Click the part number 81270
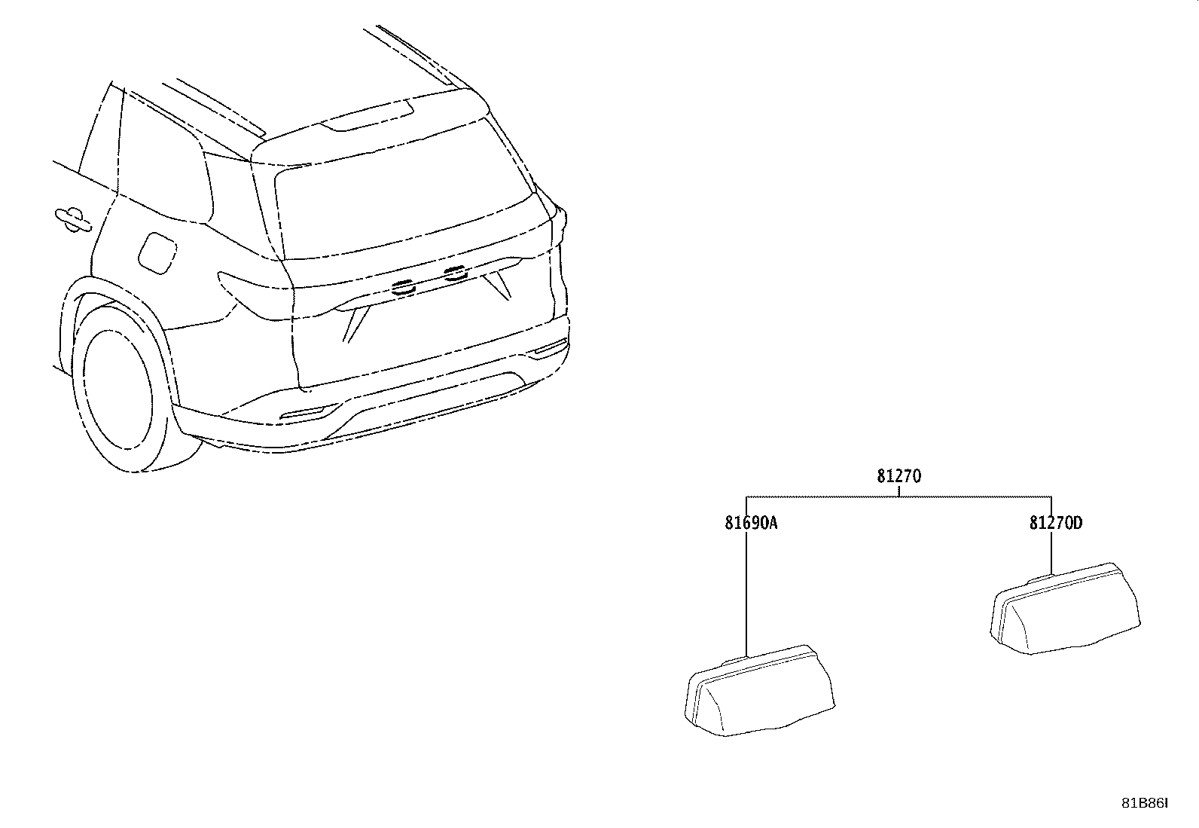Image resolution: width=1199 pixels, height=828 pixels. [x=898, y=475]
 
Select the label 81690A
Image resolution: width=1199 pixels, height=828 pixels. [x=751, y=523]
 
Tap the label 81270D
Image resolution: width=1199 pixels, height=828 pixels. [x=1056, y=523]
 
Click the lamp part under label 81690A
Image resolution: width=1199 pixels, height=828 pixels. [x=760, y=691]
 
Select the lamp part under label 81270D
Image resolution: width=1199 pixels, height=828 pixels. [x=1065, y=609]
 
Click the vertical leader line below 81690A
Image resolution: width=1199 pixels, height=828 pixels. [x=746, y=594]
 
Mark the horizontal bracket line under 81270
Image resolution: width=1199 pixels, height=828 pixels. [x=898, y=496]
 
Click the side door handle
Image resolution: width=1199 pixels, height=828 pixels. [x=72, y=219]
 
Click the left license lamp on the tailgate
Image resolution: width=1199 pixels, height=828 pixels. [x=402, y=287]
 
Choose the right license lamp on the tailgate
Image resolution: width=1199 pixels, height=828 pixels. [x=455, y=273]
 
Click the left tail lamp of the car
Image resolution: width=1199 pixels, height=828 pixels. [x=256, y=295]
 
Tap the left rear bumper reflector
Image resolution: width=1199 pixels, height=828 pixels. [x=303, y=413]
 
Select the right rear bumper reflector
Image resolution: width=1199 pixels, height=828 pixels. [x=551, y=347]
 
